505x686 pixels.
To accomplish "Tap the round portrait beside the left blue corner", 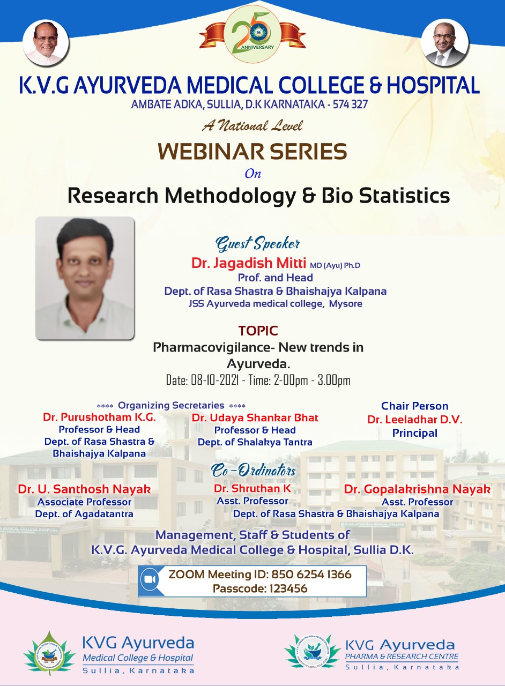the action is (46, 43).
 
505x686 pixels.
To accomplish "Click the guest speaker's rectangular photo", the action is (85, 278).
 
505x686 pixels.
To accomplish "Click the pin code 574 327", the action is (350, 105).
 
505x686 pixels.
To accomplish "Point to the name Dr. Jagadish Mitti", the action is (249, 263).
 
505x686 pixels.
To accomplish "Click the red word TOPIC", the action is (258, 331).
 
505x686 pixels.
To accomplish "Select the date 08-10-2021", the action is (215, 381).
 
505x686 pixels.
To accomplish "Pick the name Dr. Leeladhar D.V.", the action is (415, 420).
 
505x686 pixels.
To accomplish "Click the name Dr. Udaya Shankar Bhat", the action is (255, 417).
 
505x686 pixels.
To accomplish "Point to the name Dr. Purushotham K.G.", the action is (99, 417).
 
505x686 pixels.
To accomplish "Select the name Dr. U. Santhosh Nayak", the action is (84, 489).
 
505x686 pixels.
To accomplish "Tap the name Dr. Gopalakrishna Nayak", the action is (418, 489).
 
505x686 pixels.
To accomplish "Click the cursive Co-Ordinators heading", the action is (254, 471).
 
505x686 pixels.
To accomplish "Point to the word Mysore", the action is (346, 304).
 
